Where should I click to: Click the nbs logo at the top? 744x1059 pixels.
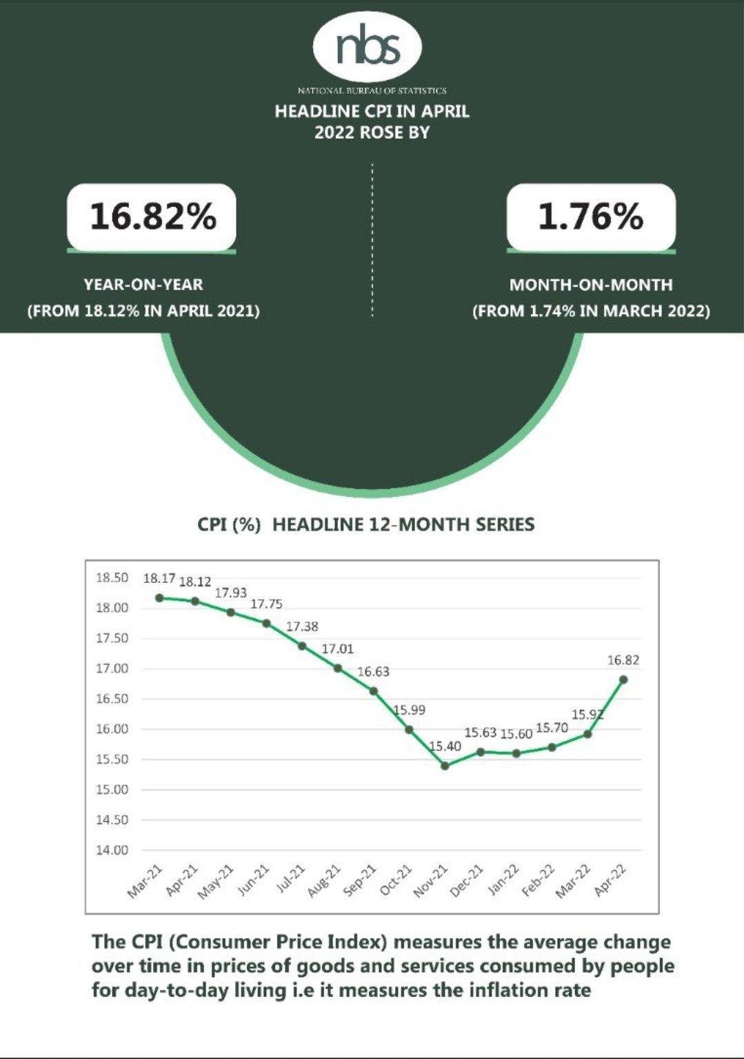coord(367,46)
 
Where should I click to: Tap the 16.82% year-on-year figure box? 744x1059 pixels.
coord(152,217)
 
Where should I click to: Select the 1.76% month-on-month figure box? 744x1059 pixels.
coord(590,217)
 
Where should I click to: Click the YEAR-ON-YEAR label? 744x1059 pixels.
coord(143,284)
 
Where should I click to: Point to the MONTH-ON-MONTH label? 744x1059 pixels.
coord(590,284)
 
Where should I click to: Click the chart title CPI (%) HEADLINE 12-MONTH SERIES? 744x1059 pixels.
coord(365,524)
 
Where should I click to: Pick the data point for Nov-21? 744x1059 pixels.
coord(445,765)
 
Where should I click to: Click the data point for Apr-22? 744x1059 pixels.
coord(623,680)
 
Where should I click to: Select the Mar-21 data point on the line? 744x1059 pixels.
coord(159,597)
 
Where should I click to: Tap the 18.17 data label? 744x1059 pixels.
coord(159,578)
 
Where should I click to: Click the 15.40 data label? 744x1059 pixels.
coord(445,746)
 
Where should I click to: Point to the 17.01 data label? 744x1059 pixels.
coord(338,649)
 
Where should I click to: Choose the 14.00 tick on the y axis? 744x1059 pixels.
coord(112,850)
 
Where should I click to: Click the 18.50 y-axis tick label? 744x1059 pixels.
coord(112,577)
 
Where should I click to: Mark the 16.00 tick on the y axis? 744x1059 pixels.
coord(112,729)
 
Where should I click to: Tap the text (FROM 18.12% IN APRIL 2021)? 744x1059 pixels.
coord(143,310)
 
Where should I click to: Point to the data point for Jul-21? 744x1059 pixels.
coord(302,646)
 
